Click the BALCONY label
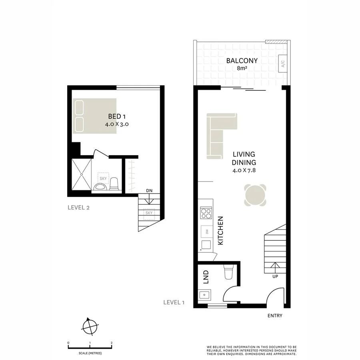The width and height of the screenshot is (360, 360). (x=242, y=61)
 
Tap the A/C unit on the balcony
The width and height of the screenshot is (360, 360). (x=282, y=64)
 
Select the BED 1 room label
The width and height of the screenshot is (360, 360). (x=117, y=116)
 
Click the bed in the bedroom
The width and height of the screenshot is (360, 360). (x=95, y=116)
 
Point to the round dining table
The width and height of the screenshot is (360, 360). (x=255, y=195)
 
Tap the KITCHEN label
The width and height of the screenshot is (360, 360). (x=220, y=231)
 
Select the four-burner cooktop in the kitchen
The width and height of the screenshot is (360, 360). (x=206, y=213)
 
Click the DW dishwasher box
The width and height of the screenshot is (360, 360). (x=207, y=231)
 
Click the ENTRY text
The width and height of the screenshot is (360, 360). (x=275, y=316)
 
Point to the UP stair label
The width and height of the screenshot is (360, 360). (x=275, y=276)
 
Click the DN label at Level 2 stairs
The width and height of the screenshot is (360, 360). (x=149, y=191)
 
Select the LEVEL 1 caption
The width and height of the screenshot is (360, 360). (x=174, y=302)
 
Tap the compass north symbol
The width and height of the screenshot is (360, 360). (x=90, y=327)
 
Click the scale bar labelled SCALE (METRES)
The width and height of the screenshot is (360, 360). (x=90, y=348)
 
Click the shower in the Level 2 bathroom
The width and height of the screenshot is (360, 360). (x=82, y=174)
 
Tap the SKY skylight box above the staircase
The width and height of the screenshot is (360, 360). (x=149, y=213)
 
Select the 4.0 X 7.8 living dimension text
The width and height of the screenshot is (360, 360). (x=244, y=170)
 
